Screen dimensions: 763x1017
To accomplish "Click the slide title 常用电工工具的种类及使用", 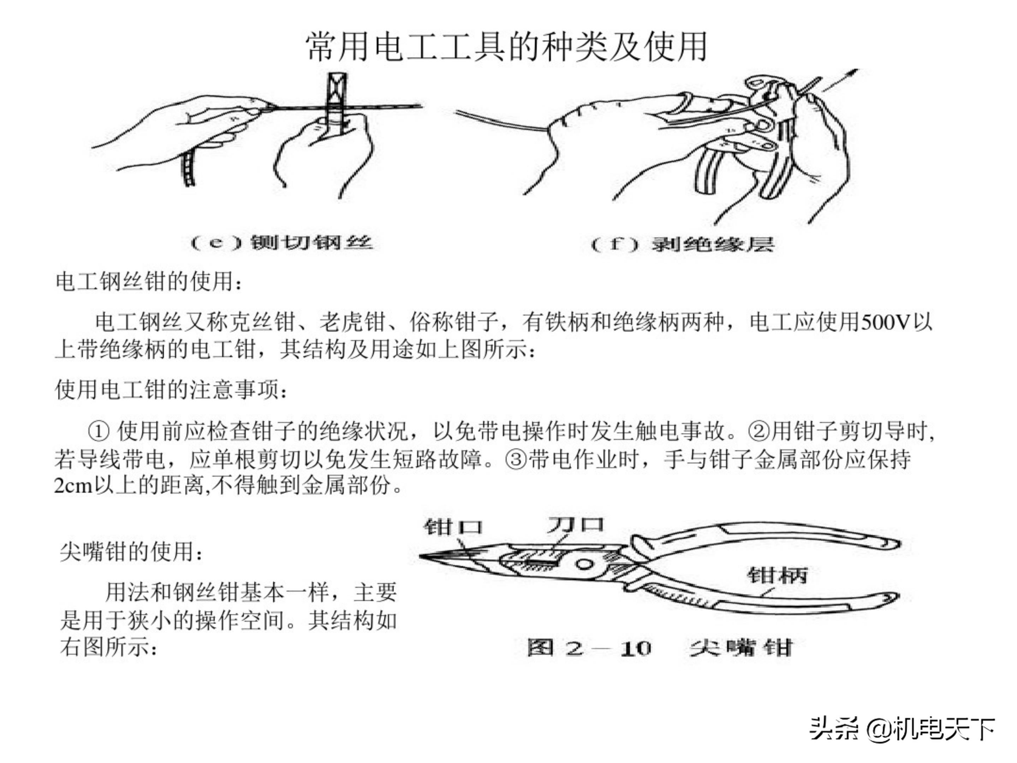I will [506, 47].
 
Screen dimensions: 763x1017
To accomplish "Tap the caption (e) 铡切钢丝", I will [281, 242].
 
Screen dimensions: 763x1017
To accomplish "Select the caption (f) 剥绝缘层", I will [682, 244].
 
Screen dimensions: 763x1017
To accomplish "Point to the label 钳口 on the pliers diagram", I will [453, 527].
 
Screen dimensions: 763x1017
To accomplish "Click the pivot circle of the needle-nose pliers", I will [585, 564].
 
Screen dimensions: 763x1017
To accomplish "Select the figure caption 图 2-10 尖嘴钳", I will [659, 648].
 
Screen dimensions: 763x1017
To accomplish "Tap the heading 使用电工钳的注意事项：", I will [171, 390].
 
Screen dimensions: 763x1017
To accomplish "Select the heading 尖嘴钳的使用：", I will [131, 551].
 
